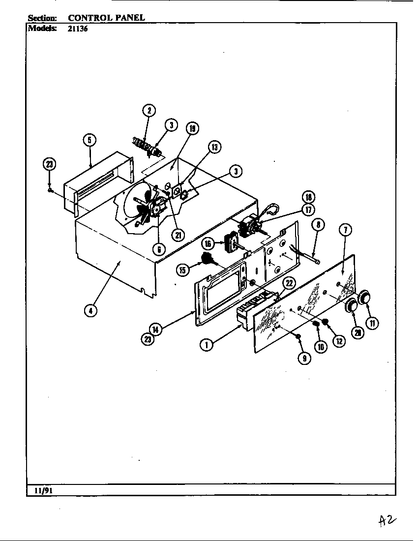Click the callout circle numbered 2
coord(149,110)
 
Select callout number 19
coord(192,129)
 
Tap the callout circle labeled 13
coord(214,147)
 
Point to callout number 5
coord(89,140)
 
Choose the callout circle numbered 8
coord(318,225)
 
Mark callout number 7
coord(346,230)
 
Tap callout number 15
coord(183,270)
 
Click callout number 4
coord(90,311)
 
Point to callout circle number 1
coord(206,345)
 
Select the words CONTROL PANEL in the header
coord(106,18)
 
